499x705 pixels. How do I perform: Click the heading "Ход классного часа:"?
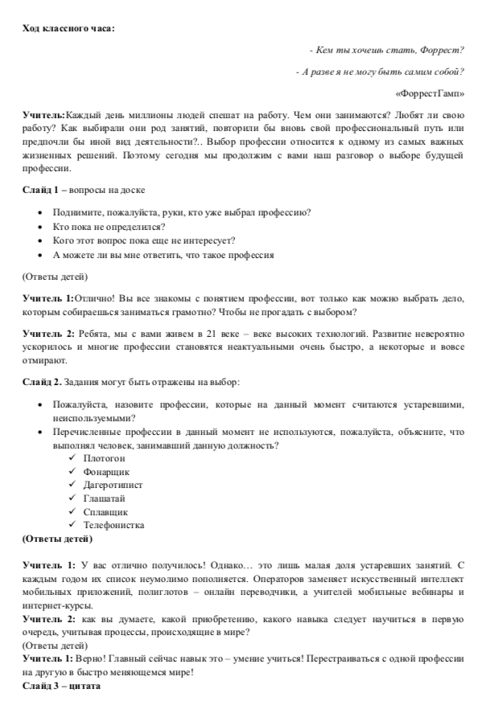coord(68,29)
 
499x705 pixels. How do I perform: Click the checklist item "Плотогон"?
coord(103,457)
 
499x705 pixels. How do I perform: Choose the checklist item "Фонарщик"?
coord(106,471)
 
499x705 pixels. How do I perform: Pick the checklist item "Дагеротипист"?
coord(114,485)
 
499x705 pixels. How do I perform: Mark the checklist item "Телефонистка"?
coord(113,525)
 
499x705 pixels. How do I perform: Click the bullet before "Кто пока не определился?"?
coord(40,226)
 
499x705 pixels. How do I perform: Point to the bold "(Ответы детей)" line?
coord(57,538)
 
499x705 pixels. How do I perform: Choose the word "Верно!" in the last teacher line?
coord(91,659)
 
